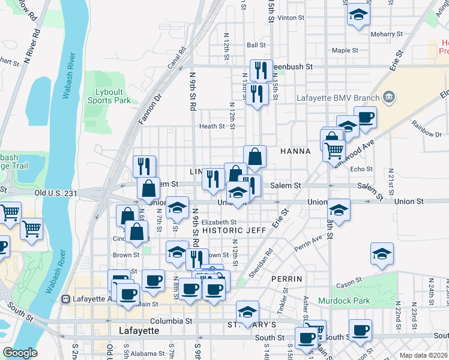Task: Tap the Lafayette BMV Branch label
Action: (x=338, y=98)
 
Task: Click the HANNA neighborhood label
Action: (x=295, y=152)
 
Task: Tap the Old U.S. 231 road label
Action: (x=56, y=193)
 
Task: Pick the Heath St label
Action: (x=212, y=127)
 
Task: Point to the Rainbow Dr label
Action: (x=426, y=125)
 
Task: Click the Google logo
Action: (x=20, y=353)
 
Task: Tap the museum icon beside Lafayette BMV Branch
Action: (x=389, y=97)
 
